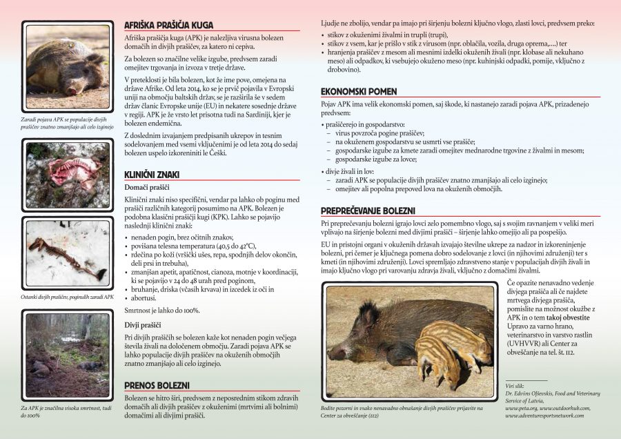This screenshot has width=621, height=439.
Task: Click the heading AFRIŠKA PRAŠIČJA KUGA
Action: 169,25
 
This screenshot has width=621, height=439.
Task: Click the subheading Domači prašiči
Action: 148,188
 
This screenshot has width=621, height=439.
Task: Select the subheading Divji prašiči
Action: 143,324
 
